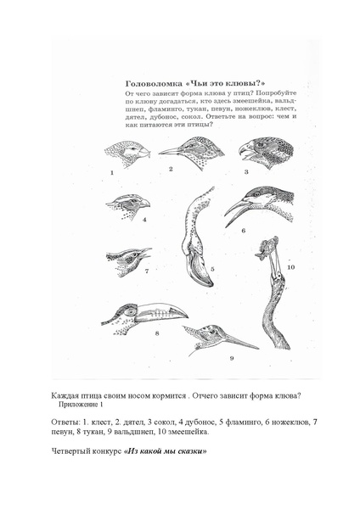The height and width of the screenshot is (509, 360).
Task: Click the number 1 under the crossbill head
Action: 112,173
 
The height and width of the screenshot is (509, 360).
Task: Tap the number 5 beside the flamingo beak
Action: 212,269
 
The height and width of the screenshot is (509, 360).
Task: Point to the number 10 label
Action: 290,267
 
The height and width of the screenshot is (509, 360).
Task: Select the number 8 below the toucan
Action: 157,333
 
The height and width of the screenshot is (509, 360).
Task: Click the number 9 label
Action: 232,358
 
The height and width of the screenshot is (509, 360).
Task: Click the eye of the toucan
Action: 131,311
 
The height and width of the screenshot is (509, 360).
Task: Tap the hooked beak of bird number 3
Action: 246,151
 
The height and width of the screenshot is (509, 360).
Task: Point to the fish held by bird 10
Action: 267,248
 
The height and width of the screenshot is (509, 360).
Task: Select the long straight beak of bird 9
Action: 241,343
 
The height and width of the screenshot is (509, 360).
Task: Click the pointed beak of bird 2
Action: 169,151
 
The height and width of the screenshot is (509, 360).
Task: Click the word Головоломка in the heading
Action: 154,83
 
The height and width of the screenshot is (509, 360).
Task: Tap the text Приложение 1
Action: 81,405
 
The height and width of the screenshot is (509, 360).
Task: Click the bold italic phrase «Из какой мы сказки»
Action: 165,451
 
